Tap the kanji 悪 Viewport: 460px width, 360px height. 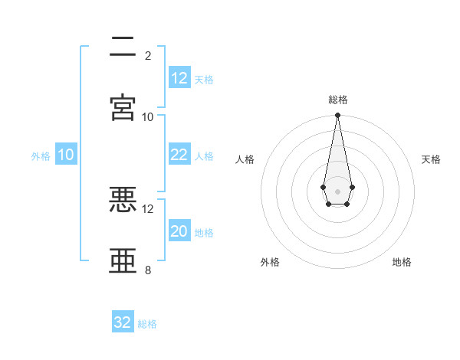tap(123, 200)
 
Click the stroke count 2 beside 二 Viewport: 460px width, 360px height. tap(148, 56)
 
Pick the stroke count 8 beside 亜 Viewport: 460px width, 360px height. tap(148, 270)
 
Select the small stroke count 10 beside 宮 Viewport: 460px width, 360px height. tap(147, 117)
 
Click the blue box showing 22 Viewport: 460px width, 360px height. tap(179, 155)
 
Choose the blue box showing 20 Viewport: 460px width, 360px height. tap(179, 231)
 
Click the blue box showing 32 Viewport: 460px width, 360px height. tap(123, 322)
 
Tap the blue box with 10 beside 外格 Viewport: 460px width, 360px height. tap(65, 155)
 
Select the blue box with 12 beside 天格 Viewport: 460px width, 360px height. tap(179, 78)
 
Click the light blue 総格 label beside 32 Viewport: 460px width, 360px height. tap(147, 324)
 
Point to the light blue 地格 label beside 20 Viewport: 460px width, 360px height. tap(204, 233)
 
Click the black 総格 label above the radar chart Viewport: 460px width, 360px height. tap(337, 100)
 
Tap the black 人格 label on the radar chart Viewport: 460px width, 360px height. tap(245, 159)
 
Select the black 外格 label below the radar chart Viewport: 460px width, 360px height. tap(270, 263)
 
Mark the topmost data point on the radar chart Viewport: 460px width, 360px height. tap(337, 116)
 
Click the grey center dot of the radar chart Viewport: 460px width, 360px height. tap(337, 191)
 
